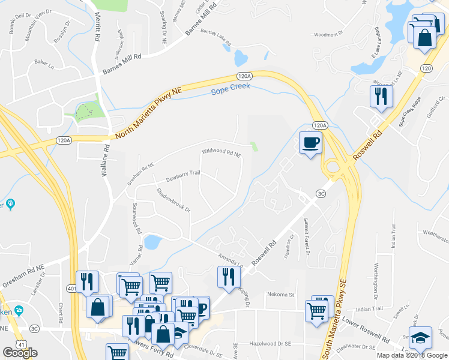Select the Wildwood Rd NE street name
(221, 154)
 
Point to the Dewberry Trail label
(182, 176)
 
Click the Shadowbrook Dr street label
(173, 201)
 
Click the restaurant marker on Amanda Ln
(228, 276)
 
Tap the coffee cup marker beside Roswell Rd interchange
(310, 143)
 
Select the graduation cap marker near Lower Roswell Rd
(420, 337)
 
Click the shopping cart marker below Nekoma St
(317, 310)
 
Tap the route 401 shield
(71, 289)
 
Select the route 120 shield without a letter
(426, 69)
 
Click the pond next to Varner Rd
(152, 242)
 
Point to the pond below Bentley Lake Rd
(240, 58)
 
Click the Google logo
(20, 353)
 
